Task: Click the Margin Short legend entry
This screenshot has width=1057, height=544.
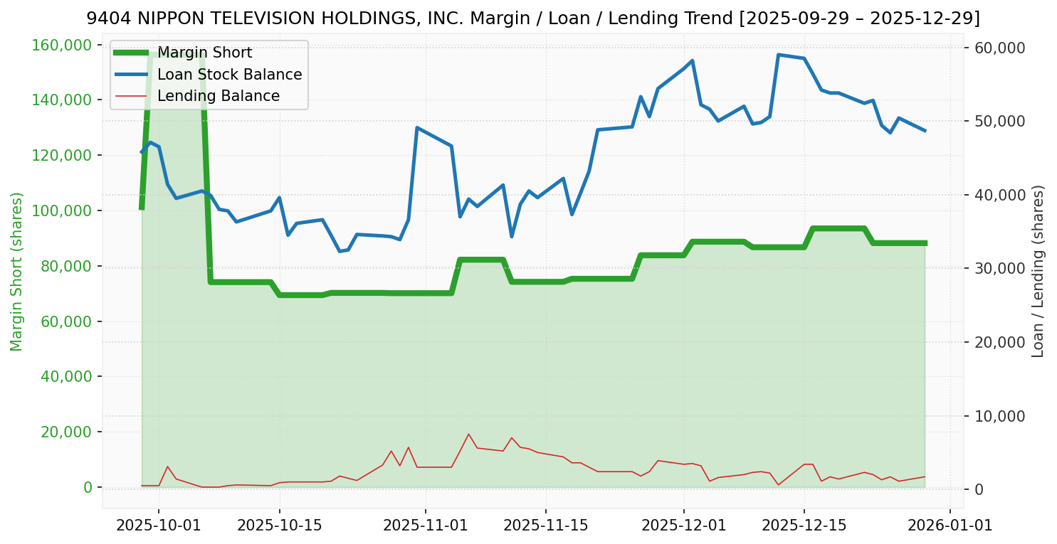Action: coord(204,53)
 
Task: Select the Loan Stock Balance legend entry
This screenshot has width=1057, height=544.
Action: coord(229,75)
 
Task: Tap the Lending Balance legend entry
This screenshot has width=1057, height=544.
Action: coord(218,96)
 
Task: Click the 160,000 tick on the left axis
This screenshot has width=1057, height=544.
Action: coord(63,45)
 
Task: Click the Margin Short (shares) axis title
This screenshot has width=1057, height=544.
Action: coord(17,271)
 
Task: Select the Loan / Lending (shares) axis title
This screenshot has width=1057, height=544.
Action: coord(1038,271)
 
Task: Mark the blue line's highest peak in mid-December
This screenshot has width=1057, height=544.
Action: coord(779,55)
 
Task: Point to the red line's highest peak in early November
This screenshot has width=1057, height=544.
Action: coord(468,434)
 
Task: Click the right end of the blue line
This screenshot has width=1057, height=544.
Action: coord(925,131)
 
